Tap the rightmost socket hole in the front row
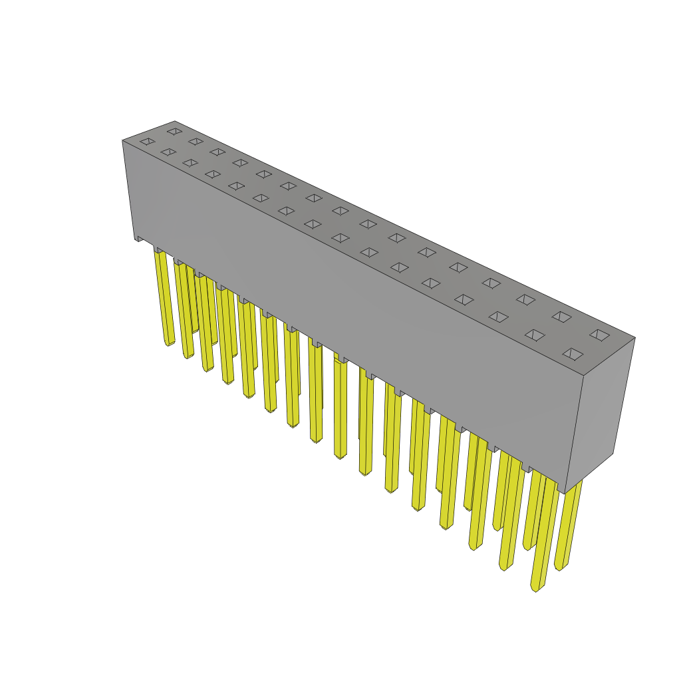click(x=573, y=354)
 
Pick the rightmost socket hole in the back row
click(x=599, y=335)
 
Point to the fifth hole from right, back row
click(x=458, y=267)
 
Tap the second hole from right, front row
click(x=535, y=335)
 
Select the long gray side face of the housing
click(x=346, y=306)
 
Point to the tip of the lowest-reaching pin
click(x=536, y=588)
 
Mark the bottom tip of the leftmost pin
click(x=169, y=343)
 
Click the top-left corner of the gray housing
click(x=123, y=140)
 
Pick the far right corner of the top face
click(x=634, y=338)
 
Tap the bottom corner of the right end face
click(x=565, y=493)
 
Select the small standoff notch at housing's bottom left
click(x=140, y=238)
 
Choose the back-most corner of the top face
click(x=175, y=122)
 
